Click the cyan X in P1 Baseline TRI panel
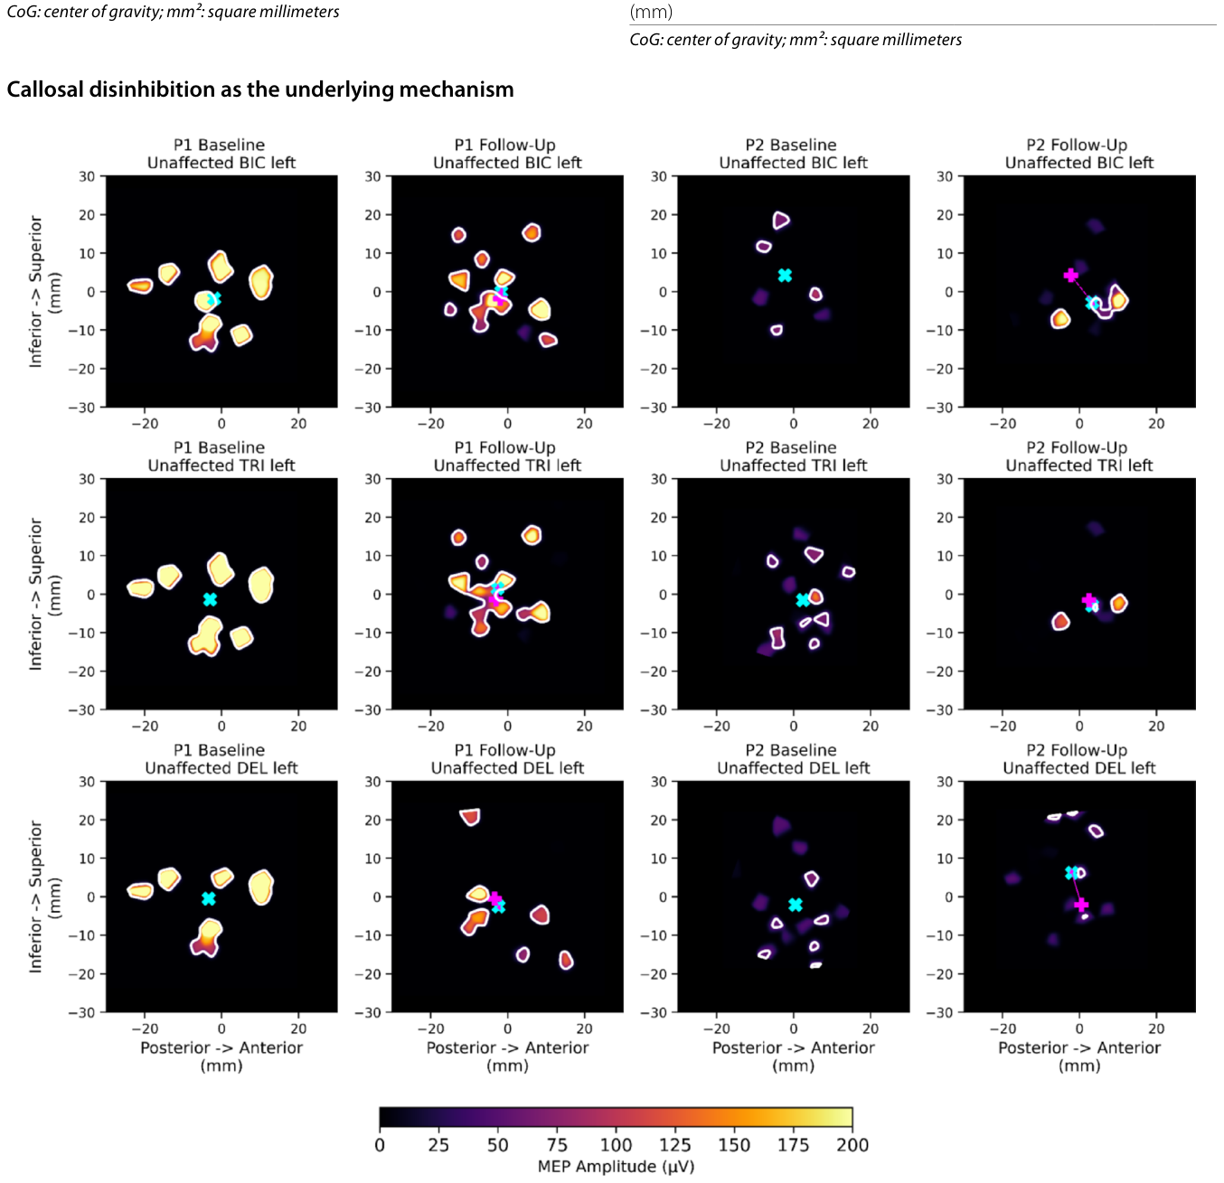tap(210, 599)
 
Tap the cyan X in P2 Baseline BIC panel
tap(785, 276)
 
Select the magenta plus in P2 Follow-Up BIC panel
tap(1070, 276)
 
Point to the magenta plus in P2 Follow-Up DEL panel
tap(1080, 905)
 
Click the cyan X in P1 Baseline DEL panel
tap(209, 898)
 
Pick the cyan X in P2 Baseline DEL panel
tap(795, 905)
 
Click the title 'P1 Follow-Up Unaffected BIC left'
tap(507, 154)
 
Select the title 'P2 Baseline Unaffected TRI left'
tap(793, 456)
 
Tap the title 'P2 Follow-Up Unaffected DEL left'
tap(1079, 758)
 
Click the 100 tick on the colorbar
tap(616, 1144)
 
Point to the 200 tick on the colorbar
tap(852, 1144)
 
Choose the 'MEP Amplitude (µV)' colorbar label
tap(616, 1166)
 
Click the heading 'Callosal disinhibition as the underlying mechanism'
tap(259, 89)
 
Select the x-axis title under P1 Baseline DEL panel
tap(221, 1056)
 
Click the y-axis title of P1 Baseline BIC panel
tap(44, 291)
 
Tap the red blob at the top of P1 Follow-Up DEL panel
tap(470, 817)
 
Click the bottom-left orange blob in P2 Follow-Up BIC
tap(1060, 319)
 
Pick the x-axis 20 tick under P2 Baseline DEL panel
tap(870, 1028)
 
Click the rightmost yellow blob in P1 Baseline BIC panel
tap(260, 282)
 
